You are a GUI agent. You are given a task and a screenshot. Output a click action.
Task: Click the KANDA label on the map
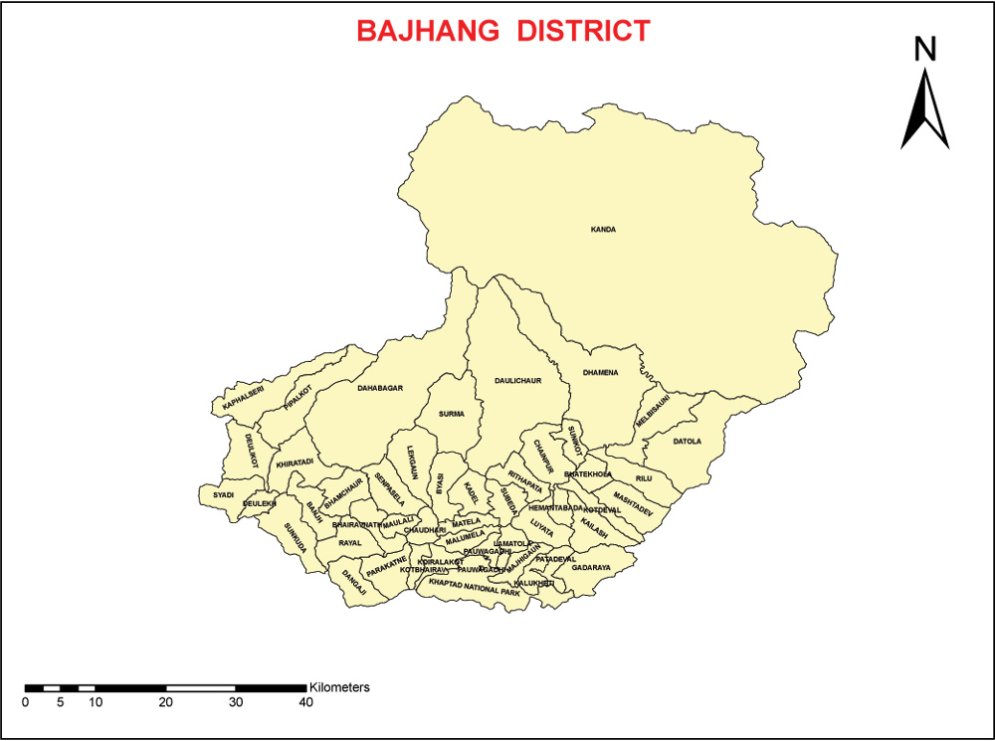[x=603, y=230]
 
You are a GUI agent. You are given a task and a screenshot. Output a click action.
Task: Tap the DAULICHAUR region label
[x=517, y=380]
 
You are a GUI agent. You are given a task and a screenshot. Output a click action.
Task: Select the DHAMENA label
[x=601, y=373]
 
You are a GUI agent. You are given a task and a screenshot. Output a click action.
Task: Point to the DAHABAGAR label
[x=380, y=388]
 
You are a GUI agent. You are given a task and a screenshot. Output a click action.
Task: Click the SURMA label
[x=452, y=414]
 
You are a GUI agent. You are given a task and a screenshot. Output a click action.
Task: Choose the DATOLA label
[x=688, y=441]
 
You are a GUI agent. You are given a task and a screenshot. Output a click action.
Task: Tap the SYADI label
[x=223, y=493]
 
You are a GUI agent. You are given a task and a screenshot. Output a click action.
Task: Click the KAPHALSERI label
[x=243, y=401]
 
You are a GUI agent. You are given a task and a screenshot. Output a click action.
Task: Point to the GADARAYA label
[x=591, y=568]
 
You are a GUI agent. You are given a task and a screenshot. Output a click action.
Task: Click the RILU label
[x=644, y=479]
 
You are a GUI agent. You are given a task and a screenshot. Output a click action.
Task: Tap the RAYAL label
[x=350, y=543]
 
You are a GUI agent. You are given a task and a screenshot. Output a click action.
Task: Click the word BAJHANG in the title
[x=428, y=31]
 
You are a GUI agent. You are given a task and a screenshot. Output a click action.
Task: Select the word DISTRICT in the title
[x=583, y=31]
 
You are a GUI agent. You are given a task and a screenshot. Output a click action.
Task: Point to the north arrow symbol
[x=925, y=109]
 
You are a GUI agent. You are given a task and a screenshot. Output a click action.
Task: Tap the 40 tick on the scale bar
[x=305, y=702]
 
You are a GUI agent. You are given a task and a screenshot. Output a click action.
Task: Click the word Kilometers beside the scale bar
[x=339, y=687]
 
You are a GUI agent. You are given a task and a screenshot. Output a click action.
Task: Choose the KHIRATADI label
[x=295, y=463]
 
